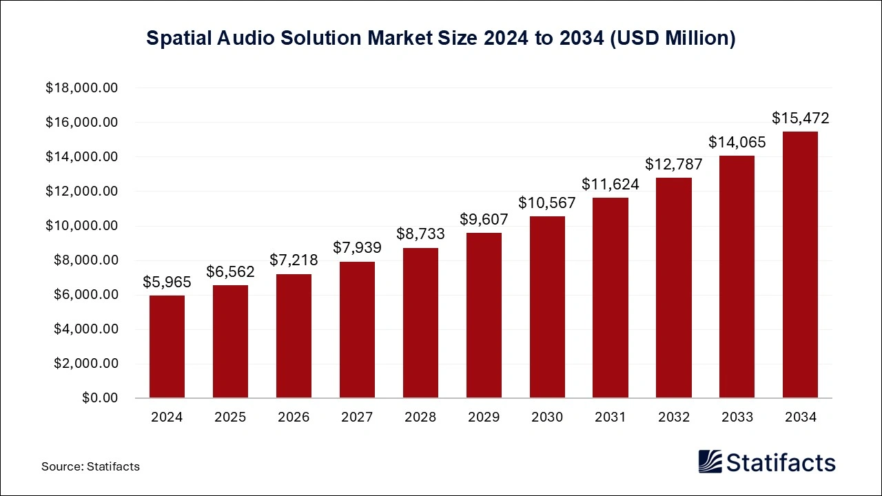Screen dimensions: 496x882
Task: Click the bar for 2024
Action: [167, 347]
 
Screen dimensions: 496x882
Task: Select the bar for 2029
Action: [484, 316]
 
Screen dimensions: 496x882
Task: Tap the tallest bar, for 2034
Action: [800, 265]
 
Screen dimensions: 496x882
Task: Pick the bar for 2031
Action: [611, 298]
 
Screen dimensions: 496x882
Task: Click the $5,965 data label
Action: [167, 282]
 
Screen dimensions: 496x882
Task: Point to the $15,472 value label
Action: [800, 118]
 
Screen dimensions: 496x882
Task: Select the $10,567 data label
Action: [547, 203]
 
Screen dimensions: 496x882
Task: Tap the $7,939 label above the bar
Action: [357, 247]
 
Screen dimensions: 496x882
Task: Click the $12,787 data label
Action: [674, 164]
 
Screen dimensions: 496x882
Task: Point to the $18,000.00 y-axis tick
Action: [82, 88]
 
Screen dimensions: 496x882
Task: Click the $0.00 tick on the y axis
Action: [99, 398]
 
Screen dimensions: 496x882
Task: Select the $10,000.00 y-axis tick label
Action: [82, 226]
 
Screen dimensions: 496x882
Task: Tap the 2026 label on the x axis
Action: [294, 417]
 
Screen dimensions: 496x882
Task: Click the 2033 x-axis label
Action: [737, 417]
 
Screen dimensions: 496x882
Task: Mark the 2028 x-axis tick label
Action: [420, 417]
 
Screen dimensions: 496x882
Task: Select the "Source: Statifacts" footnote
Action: [90, 466]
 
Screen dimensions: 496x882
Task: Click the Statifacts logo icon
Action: [710, 462]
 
